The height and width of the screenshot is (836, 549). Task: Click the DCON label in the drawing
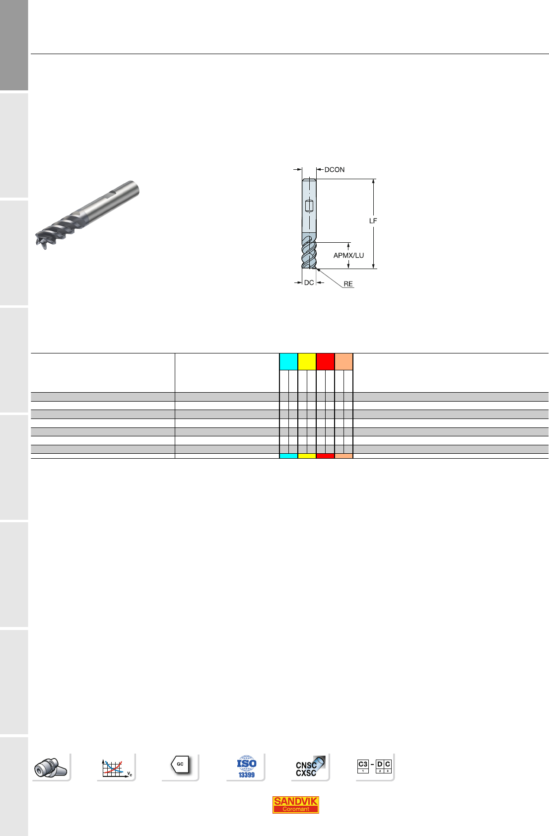(x=335, y=170)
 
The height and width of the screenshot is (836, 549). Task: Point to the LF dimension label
(x=373, y=221)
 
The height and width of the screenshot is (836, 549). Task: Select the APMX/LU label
(x=348, y=255)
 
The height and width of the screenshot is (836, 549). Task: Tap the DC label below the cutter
(x=309, y=282)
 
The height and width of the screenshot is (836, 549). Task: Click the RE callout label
(x=348, y=284)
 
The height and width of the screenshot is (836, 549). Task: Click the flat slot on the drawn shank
(x=309, y=206)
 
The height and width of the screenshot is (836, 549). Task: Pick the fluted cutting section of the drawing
(x=309, y=252)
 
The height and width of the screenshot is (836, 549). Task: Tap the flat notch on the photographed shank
(x=112, y=193)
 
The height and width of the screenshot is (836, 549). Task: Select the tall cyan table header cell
(x=288, y=361)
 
